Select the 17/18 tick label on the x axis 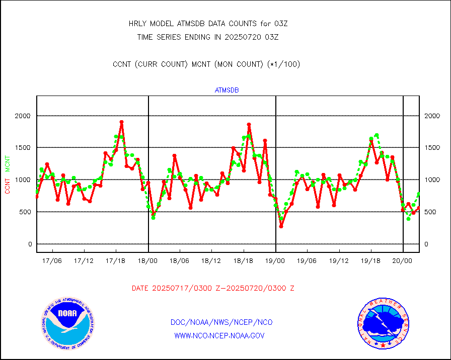(116, 261)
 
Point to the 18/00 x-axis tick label (148, 261)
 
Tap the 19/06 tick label (307, 261)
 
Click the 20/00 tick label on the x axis (403, 261)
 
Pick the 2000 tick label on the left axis (23, 116)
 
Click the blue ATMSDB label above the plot (227, 91)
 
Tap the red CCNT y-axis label (8, 186)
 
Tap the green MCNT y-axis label (8, 163)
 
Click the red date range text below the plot (213, 288)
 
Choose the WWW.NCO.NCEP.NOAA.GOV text (219, 335)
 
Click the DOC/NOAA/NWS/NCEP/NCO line (222, 322)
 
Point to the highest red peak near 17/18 (121, 122)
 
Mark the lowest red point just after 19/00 (281, 226)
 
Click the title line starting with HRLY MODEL (208, 23)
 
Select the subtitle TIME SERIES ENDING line (208, 37)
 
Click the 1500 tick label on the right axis (432, 148)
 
